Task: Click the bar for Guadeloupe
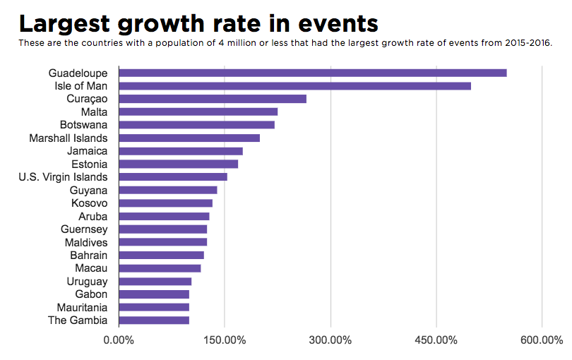[313, 73]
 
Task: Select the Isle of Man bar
[295, 86]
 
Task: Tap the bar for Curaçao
[213, 99]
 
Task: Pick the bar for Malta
[198, 112]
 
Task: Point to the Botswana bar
[197, 125]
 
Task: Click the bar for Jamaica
[181, 151]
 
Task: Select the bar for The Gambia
[154, 320]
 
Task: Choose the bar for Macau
[160, 268]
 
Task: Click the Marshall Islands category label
[68, 138]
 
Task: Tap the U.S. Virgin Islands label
[64, 177]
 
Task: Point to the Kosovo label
[90, 203]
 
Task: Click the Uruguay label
[88, 281]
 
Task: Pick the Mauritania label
[83, 307]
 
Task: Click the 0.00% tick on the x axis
[119, 340]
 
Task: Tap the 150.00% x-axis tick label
[225, 340]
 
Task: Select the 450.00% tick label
[436, 340]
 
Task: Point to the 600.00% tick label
[542, 340]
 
